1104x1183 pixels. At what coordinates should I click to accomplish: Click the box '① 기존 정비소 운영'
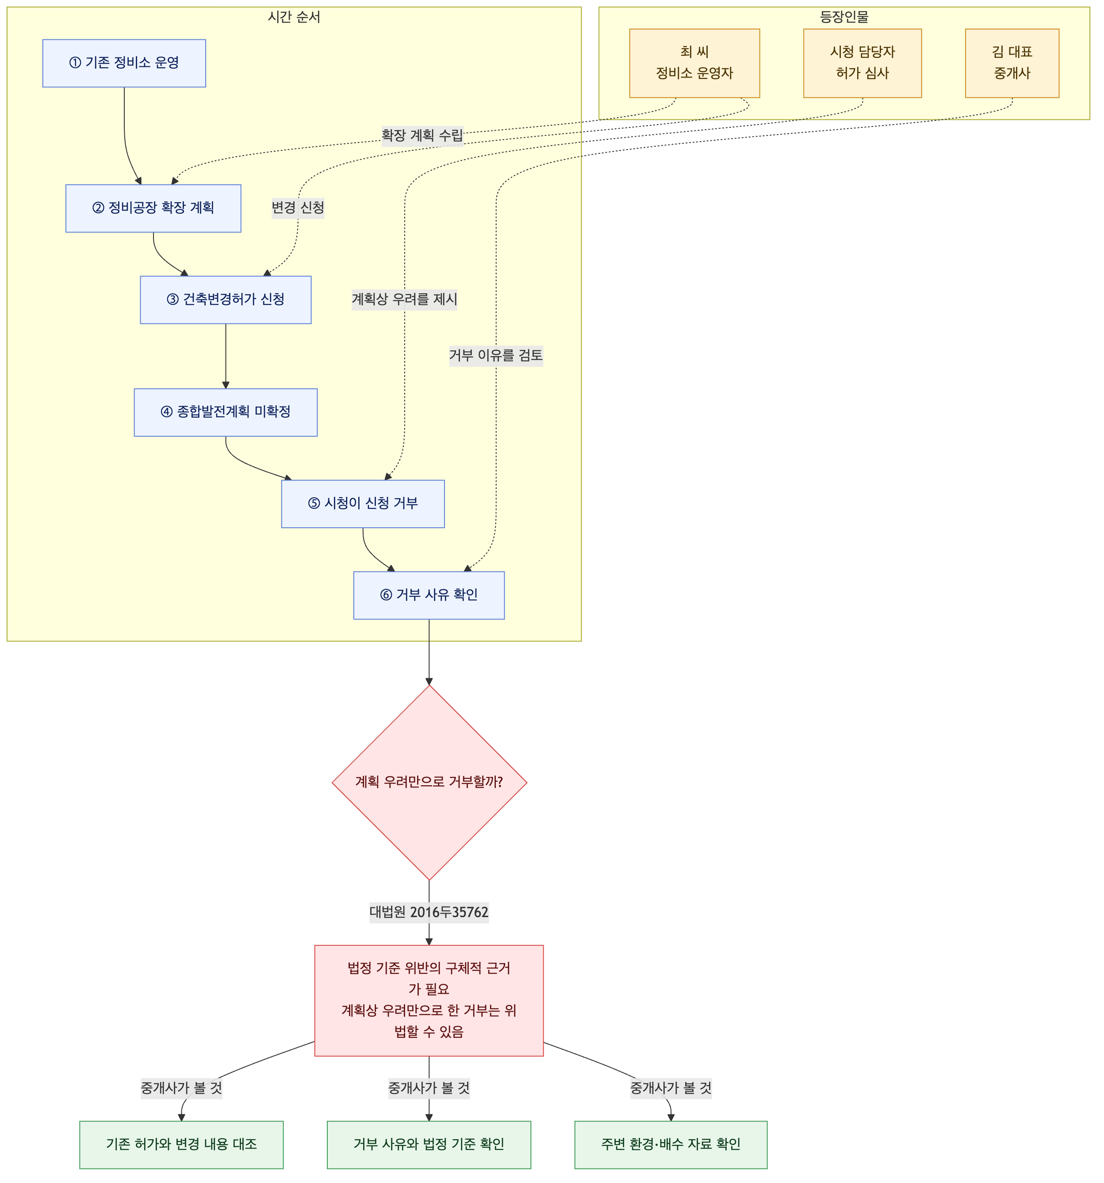124,63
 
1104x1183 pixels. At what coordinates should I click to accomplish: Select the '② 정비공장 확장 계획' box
153,208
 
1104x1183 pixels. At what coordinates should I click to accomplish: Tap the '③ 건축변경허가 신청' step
226,300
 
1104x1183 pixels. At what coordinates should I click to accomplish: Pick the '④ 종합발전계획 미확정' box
226,412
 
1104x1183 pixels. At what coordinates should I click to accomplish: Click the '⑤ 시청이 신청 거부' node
363,504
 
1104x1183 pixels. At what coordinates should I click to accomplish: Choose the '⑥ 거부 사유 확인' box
429,595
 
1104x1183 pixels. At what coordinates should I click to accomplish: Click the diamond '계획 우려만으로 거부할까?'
429,783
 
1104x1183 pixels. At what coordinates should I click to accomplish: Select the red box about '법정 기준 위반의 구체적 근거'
429,1000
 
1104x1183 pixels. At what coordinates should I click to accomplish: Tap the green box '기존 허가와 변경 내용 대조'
181,1145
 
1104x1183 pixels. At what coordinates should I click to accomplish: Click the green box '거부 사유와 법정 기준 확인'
429,1145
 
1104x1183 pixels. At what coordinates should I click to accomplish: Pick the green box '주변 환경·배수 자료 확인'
671,1145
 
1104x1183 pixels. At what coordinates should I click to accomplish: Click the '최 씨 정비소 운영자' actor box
695,63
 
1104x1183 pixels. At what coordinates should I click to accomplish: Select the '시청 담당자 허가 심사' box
862,63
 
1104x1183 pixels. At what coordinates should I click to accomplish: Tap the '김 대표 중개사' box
1012,63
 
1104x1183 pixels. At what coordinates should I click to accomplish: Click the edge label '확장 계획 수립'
422,136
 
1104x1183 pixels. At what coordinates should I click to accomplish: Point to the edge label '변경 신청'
298,208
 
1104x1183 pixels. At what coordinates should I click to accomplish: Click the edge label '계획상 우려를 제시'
404,300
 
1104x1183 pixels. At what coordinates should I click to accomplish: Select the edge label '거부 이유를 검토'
496,356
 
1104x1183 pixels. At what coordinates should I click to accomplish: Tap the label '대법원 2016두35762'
429,912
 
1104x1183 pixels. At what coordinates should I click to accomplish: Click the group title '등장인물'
844,17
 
